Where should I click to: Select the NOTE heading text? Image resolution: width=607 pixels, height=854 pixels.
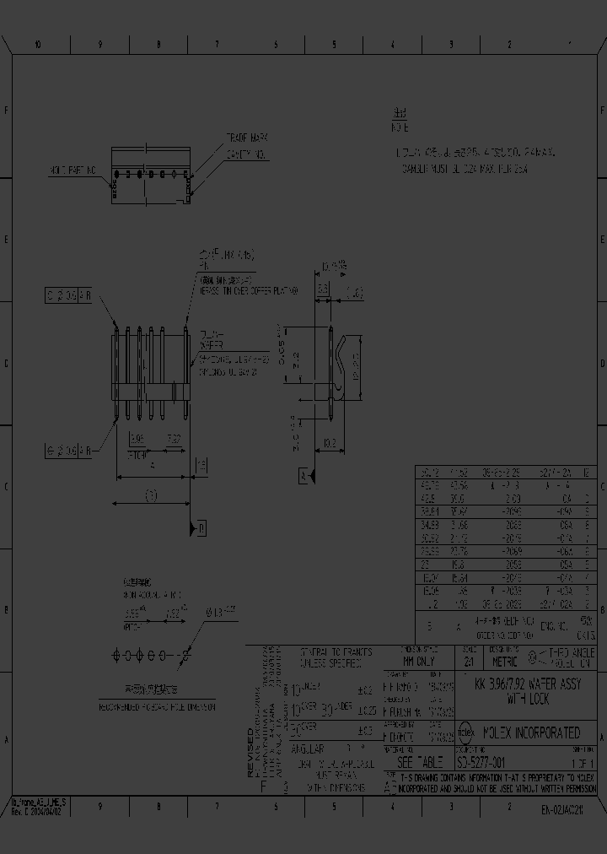point(400,127)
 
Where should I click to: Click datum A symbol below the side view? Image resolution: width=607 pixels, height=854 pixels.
point(303,477)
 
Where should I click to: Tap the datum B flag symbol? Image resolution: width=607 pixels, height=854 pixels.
point(201,528)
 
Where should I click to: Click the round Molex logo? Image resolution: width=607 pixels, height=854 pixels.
point(465,732)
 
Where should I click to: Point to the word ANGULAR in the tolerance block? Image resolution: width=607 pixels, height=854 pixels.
point(308,748)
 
